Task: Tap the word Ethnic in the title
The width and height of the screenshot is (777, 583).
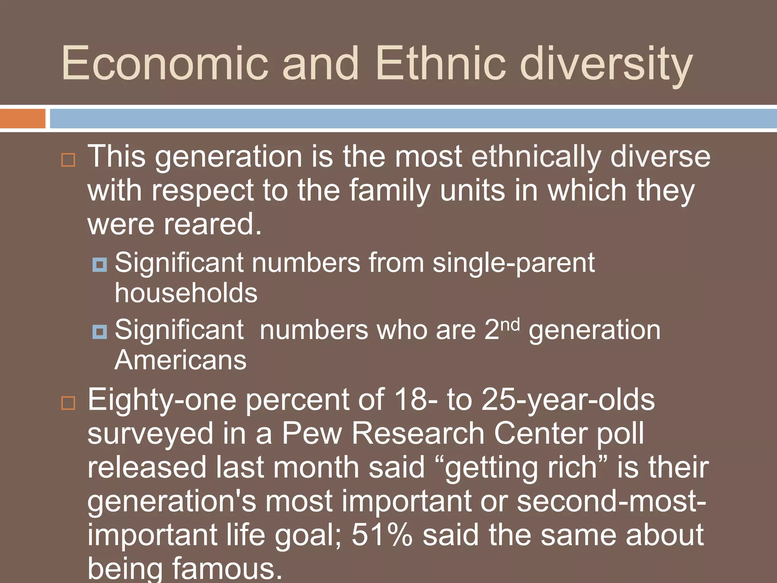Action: pos(440,63)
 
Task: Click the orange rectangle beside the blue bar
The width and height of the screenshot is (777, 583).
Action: pos(22,118)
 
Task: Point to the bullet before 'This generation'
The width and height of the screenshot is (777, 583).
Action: pos(68,160)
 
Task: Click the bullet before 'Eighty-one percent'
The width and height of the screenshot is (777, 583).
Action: pos(68,403)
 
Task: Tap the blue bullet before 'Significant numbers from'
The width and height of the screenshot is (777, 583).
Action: pos(100,264)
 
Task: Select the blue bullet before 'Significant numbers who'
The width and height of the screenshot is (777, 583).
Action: pos(100,332)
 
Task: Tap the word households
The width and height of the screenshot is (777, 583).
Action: pos(186,293)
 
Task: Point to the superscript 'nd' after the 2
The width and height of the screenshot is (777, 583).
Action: pos(510,325)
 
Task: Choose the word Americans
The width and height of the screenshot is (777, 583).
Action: pos(181,360)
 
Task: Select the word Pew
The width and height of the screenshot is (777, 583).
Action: pos(312,433)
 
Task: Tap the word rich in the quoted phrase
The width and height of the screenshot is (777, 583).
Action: pos(574,468)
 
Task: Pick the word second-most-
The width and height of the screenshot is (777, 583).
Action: pos(611,501)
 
